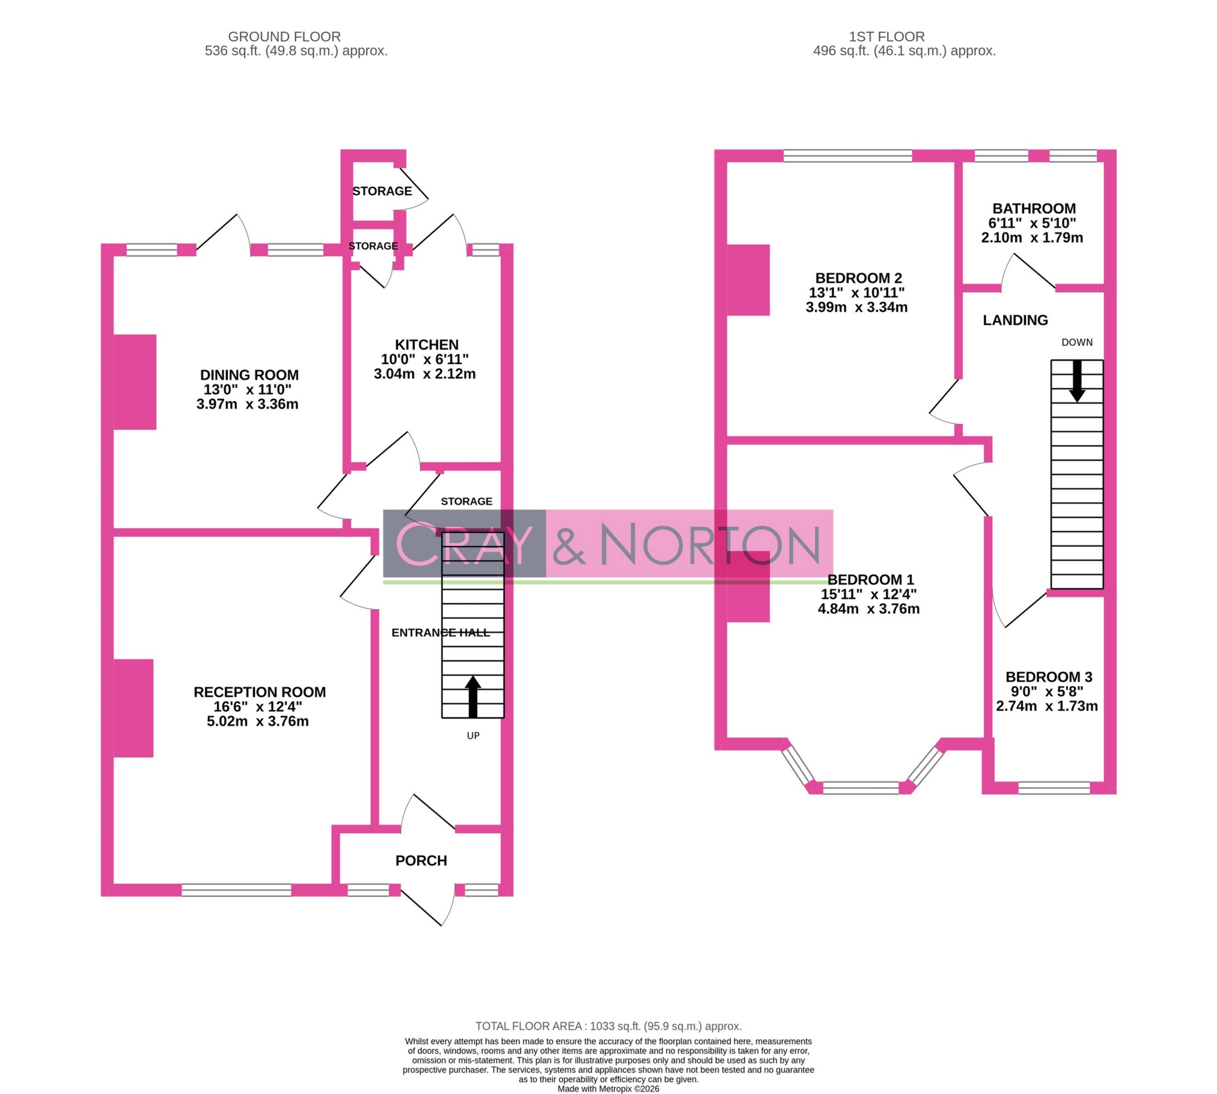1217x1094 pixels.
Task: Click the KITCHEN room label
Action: [426, 345]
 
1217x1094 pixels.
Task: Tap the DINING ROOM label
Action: [249, 375]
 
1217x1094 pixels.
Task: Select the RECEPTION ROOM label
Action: [259, 692]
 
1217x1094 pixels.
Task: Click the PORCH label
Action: [421, 861]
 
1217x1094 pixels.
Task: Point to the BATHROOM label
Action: [1034, 208]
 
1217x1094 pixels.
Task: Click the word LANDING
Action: [1015, 320]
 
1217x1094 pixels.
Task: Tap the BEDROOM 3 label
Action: [1049, 677]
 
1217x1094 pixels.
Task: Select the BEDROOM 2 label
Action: [858, 278]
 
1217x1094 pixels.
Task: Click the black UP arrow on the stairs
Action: [473, 697]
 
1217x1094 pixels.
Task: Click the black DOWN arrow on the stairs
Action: [1077, 381]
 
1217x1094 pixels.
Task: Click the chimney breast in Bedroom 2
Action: [748, 280]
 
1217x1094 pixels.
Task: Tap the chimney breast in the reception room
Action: [133, 708]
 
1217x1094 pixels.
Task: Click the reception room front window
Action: [236, 890]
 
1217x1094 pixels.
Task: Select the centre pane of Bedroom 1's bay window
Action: [861, 788]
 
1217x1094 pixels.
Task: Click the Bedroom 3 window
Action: [1054, 788]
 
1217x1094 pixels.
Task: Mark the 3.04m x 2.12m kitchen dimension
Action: [424, 374]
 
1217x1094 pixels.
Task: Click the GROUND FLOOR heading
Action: [284, 37]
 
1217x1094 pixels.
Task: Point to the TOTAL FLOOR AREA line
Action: [608, 1026]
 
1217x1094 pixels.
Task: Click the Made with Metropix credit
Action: [608, 1089]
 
